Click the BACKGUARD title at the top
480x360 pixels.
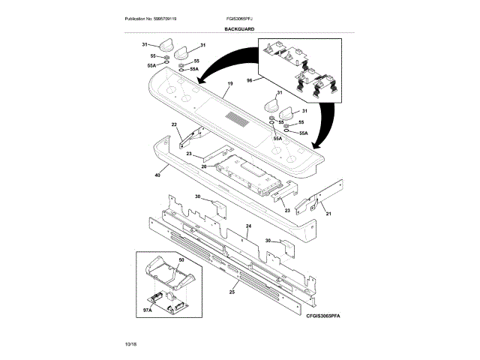click(x=239, y=28)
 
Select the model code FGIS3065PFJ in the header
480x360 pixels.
click(x=238, y=17)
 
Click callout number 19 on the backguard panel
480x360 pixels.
click(x=230, y=83)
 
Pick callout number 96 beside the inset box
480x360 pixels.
click(x=250, y=80)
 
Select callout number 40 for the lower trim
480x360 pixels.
click(x=157, y=175)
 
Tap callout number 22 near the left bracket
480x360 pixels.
click(x=174, y=124)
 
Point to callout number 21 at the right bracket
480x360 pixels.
click(x=328, y=213)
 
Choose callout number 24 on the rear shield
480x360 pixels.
click(x=248, y=226)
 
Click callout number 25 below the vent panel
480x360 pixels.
click(x=232, y=291)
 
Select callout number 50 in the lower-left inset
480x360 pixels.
click(x=181, y=259)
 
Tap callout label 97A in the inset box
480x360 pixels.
click(x=148, y=310)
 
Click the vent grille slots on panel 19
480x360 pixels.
click(x=238, y=118)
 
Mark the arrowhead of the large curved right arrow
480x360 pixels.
click(x=318, y=144)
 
